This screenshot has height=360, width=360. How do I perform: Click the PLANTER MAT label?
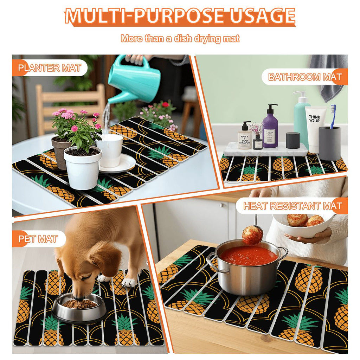click(49, 68)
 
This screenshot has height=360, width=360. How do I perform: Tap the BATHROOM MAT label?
click(304, 77)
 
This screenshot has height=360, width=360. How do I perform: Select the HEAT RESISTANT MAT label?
click(292, 206)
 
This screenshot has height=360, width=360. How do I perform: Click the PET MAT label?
click(38, 239)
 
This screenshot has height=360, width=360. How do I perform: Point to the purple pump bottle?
click(270, 127)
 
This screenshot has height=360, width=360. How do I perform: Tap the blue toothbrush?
click(333, 116)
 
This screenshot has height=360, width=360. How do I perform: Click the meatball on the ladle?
click(252, 235)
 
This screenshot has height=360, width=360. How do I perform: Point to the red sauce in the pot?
click(248, 256)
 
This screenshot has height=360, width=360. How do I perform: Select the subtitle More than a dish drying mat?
click(180, 38)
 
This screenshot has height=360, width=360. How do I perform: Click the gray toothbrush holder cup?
click(329, 142)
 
